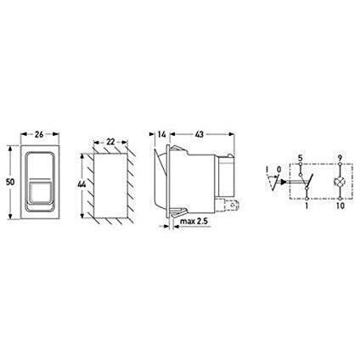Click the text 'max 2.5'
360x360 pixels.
[x=194, y=224]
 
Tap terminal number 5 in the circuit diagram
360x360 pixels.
[x=301, y=159]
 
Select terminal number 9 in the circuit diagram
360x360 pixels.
[x=339, y=159]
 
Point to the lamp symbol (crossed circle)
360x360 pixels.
[x=339, y=183]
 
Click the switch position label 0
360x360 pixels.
[x=278, y=169]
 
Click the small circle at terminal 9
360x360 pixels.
[x=339, y=166]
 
